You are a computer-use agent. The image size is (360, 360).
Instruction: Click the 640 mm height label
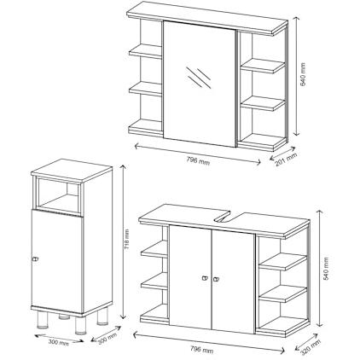tap(303, 75)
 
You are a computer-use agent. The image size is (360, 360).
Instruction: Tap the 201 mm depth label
tap(286, 160)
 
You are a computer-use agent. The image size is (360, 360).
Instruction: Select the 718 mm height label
tap(127, 240)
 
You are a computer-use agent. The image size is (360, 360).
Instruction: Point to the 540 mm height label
tap(326, 269)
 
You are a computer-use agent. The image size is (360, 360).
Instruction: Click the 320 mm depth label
tap(311, 347)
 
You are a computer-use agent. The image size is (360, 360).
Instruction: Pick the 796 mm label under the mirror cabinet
tap(198, 161)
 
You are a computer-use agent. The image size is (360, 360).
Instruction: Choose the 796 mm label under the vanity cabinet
tap(201, 349)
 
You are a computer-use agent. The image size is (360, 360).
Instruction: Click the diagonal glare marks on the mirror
tap(199, 77)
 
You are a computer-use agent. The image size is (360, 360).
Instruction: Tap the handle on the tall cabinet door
tap(35, 259)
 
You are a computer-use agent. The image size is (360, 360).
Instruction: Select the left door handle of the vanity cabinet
tap(205, 278)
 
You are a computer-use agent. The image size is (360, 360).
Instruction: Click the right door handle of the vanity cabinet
tap(217, 279)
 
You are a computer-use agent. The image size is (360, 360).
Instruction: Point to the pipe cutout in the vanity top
tap(223, 218)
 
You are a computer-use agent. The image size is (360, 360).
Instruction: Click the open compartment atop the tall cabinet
tap(58, 194)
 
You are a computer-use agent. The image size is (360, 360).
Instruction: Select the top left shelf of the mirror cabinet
tap(145, 51)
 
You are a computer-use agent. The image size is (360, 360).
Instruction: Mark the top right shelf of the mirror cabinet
tap(263, 66)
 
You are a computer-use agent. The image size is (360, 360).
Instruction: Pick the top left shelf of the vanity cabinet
tap(154, 249)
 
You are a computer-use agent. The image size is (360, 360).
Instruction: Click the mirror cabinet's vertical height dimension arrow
tap(296, 76)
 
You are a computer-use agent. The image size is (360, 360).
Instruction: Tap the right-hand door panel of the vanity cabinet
tap(233, 281)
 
